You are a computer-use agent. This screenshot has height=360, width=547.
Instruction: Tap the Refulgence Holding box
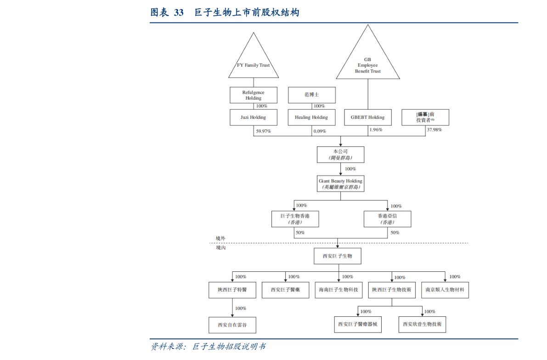tap(253, 95)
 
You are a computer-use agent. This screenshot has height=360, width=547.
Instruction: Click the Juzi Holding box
tap(253, 117)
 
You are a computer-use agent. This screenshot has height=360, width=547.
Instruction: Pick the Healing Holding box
tap(311, 117)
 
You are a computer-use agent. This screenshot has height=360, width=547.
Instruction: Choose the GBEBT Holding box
tap(367, 117)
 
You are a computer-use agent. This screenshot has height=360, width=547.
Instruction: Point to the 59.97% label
tap(263, 131)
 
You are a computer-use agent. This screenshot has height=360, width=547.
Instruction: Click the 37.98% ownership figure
tap(434, 130)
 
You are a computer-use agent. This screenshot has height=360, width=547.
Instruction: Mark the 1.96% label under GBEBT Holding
tap(376, 130)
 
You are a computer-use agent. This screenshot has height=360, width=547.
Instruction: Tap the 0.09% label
tap(320, 131)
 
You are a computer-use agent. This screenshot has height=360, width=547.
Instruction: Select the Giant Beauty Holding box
tap(340, 184)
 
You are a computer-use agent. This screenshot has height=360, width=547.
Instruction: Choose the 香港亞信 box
tap(387, 219)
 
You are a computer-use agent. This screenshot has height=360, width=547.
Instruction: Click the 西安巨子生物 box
tap(337, 256)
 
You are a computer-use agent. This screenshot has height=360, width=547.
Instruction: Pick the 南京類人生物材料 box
tap(445, 290)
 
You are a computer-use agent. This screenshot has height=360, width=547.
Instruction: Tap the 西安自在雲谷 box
tap(232, 325)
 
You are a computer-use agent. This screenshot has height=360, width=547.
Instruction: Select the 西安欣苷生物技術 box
tap(422, 324)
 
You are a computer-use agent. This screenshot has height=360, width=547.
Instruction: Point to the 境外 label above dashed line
tap(221, 238)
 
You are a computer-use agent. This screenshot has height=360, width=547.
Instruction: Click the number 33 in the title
tap(179, 12)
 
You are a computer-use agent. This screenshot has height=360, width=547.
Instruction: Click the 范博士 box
tap(311, 95)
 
